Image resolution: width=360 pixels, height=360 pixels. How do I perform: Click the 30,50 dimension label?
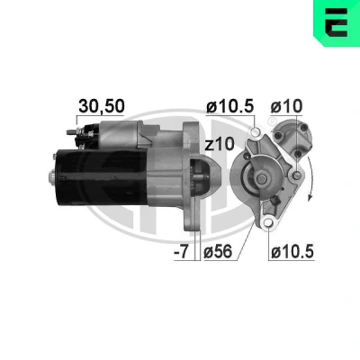(101, 106)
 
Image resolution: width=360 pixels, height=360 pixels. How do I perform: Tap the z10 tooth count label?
(219, 144)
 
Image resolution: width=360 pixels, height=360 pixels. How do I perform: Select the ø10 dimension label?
(286, 106)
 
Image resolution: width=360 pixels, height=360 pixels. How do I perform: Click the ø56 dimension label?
(218, 251)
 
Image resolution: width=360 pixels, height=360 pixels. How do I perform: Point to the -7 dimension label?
(182, 252)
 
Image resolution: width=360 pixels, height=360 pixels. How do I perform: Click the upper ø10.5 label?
(230, 106)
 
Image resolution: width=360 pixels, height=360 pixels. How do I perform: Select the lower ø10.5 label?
(292, 251)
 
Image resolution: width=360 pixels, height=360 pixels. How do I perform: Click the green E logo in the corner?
(337, 22)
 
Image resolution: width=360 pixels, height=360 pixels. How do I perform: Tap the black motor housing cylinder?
(102, 177)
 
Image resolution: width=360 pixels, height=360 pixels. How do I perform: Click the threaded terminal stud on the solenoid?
(71, 132)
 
